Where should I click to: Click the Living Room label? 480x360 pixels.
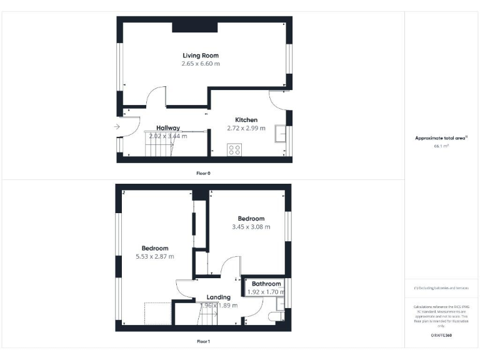(x=201, y=56)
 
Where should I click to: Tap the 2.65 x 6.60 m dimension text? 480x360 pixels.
(x=201, y=64)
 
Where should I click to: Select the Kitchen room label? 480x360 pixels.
(x=246, y=120)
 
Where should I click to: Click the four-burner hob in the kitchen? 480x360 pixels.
(x=235, y=149)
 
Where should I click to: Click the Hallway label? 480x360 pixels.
(x=168, y=127)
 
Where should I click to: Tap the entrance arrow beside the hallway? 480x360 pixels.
(x=117, y=127)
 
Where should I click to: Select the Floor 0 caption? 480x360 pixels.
(x=204, y=172)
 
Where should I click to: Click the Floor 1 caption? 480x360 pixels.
(x=204, y=342)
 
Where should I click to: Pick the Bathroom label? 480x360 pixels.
(x=266, y=284)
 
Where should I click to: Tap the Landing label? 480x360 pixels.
(x=218, y=297)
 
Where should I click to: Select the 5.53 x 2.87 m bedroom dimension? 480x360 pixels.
(x=155, y=256)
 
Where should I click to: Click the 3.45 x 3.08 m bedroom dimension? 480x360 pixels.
(x=251, y=227)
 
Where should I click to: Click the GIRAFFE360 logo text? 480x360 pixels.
(x=441, y=336)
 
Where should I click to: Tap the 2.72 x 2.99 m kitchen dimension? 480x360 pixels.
(x=246, y=129)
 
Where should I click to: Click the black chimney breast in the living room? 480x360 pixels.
(x=195, y=26)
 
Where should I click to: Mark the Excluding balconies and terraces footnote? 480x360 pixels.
(x=441, y=287)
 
